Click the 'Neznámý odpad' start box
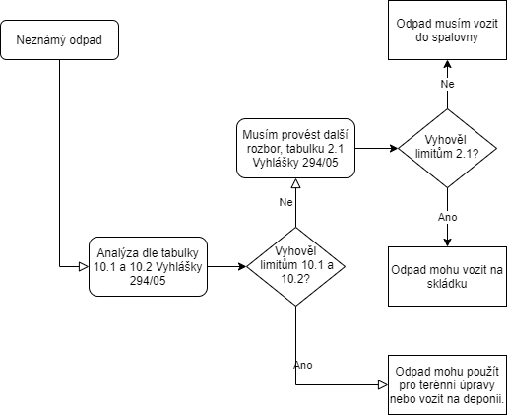pyautogui.click(x=59, y=39)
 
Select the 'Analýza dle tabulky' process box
pyautogui.click(x=148, y=266)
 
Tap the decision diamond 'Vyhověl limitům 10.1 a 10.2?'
pyautogui.click(x=295, y=266)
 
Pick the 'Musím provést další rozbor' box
pyautogui.click(x=295, y=148)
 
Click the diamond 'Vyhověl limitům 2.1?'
pyautogui.click(x=447, y=148)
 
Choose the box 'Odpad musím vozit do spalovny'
pyautogui.click(x=447, y=30)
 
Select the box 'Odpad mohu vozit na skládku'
pyautogui.click(x=447, y=276)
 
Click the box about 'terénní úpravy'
pyautogui.click(x=447, y=384)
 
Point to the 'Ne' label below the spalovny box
pyautogui.click(x=447, y=84)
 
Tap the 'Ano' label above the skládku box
pyautogui.click(x=447, y=217)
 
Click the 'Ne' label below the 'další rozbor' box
pyautogui.click(x=285, y=202)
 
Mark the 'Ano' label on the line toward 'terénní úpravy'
pyautogui.click(x=303, y=365)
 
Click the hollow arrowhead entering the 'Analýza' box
pyautogui.click(x=84, y=266)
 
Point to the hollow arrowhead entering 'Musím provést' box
pyautogui.click(x=295, y=183)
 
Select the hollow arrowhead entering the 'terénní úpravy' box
pyautogui.click(x=383, y=384)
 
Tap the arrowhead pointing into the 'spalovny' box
pyautogui.click(x=447, y=64)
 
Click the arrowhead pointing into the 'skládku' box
pyautogui.click(x=447, y=242)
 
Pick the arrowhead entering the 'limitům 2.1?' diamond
pyautogui.click(x=394, y=148)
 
